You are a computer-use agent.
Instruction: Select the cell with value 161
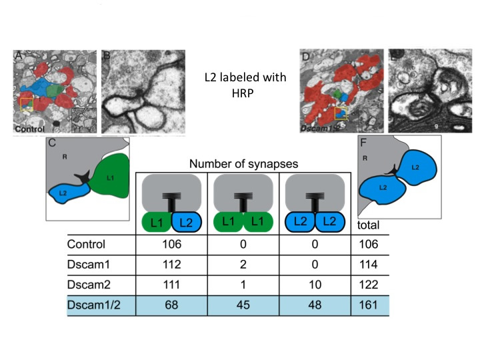pos(369,305)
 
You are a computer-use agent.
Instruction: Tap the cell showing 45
pos(243,305)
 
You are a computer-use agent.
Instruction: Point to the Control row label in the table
pos(87,244)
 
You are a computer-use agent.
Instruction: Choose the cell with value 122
pos(369,285)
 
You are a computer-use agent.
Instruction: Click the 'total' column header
pos(369,225)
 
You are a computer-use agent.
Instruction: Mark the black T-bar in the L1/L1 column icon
pos(243,200)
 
